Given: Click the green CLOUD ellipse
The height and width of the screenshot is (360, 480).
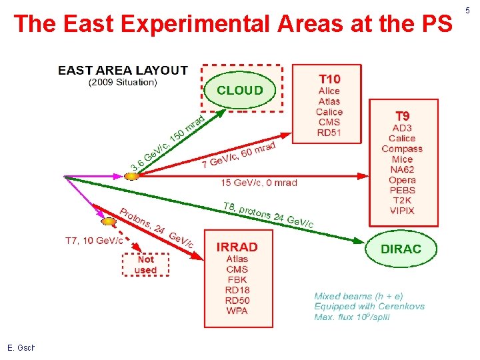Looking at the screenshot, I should tap(240, 90).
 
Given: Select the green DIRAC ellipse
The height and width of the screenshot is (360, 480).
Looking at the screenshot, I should tap(401, 249).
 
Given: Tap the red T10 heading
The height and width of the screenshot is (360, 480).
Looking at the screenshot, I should tap(329, 79).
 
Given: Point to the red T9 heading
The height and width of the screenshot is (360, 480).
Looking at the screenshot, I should tap(402, 116).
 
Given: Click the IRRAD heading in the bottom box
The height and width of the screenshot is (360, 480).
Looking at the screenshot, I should tap(237, 247).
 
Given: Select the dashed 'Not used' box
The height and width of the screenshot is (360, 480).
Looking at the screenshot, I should tap(145, 265).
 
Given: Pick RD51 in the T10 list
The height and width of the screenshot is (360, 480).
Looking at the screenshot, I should tap(329, 133).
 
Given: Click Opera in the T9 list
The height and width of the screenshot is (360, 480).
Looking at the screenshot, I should tap(402, 180).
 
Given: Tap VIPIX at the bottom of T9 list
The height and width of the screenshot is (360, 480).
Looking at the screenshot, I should tap(402, 211).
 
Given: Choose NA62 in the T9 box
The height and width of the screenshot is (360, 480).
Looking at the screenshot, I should tap(402, 170).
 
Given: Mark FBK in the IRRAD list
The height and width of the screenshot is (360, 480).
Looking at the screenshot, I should tap(237, 280).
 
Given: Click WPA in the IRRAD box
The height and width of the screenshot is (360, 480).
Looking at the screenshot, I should tap(237, 311).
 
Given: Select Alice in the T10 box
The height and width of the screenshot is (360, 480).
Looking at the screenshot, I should tap(329, 91).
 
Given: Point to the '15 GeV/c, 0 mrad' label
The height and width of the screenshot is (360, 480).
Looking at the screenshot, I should tap(259, 182).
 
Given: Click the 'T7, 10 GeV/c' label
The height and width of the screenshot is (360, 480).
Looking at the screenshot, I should tap(93, 240).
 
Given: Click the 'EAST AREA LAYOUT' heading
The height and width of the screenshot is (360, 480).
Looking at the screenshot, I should tap(123, 70).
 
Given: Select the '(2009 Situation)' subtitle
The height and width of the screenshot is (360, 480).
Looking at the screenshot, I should tap(123, 83).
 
